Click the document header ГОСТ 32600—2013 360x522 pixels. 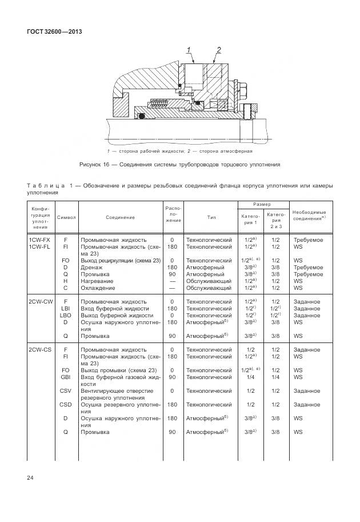pyautogui.click(x=55, y=32)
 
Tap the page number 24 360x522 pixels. pyautogui.click(x=30, y=477)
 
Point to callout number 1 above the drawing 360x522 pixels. pyautogui.click(x=189, y=51)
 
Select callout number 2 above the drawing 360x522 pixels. pyautogui.click(x=218, y=51)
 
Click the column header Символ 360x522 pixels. pyautogui.click(x=67, y=218)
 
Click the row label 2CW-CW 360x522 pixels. pyautogui.click(x=41, y=301)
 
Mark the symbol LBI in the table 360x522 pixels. pyautogui.click(x=66, y=308)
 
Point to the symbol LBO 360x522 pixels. pyautogui.click(x=66, y=315)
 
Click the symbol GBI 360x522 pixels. pyautogui.click(x=66, y=377)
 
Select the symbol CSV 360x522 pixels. pyautogui.click(x=66, y=390)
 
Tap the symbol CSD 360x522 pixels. pyautogui.click(x=66, y=404)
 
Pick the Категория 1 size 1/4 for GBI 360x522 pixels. pyautogui.click(x=249, y=377)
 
